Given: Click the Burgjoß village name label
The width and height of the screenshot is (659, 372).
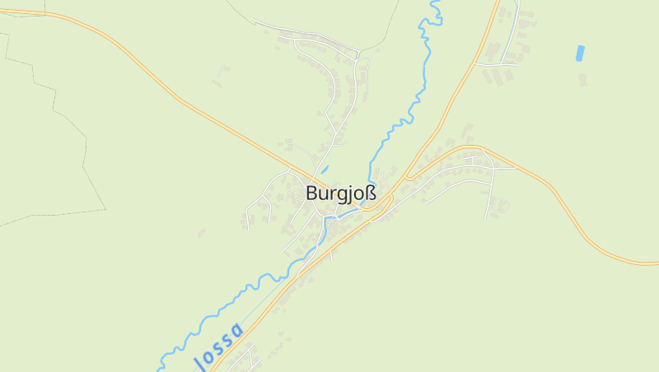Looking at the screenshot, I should tap(340, 194).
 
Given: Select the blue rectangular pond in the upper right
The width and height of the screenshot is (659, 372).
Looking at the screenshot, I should tap(580, 53).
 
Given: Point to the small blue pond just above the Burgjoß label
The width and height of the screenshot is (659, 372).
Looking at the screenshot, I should tap(325, 170).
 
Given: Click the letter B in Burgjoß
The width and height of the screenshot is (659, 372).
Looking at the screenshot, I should tap(311, 194).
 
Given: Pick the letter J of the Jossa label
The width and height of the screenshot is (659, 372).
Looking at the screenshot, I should tap(198, 360).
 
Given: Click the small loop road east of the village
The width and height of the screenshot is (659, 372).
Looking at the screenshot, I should tap(499, 203).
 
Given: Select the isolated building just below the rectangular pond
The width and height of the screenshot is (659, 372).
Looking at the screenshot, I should tap(582, 79).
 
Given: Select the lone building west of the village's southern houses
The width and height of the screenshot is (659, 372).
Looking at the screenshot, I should tap(201, 233).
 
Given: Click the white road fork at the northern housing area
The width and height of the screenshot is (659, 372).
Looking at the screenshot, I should tap(358, 57).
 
